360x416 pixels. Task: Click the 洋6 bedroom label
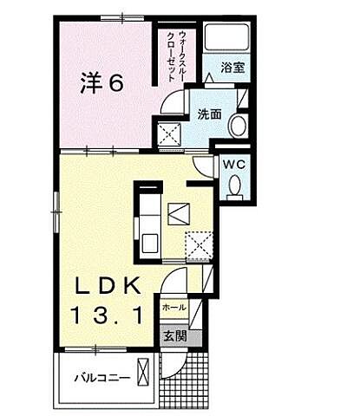pyautogui.click(x=102, y=84)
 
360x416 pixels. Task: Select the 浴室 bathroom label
pyautogui.click(x=231, y=67)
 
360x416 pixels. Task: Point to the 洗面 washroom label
pyautogui.click(x=208, y=114)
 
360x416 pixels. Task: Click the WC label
pyautogui.click(x=232, y=162)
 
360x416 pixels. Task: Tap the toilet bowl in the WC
pyautogui.click(x=232, y=185)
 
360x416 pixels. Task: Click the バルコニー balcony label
pyautogui.click(x=101, y=377)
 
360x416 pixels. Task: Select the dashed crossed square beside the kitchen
pyautogui.click(x=201, y=245)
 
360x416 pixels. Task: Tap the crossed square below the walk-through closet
pyautogui.click(x=168, y=134)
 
